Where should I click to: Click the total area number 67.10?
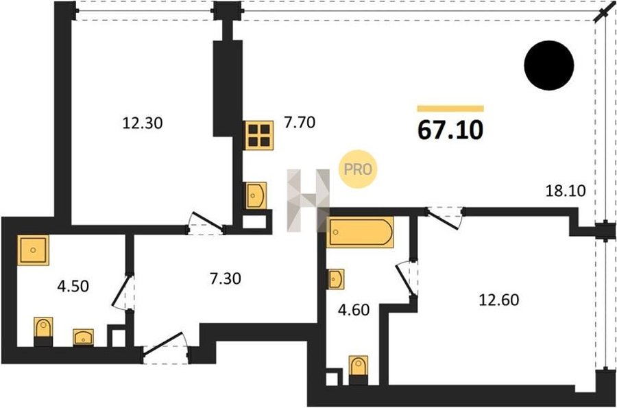(x=450, y=130)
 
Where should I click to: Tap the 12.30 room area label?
(x=143, y=123)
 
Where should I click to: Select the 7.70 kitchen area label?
(x=300, y=122)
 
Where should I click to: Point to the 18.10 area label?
(x=566, y=191)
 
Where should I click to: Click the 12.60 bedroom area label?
(x=499, y=300)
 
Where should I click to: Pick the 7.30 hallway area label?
(x=225, y=278)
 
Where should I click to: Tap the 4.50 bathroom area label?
(x=73, y=286)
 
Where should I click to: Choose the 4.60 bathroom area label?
(x=354, y=310)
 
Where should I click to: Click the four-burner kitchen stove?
(x=259, y=135)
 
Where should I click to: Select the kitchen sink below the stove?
(x=256, y=195)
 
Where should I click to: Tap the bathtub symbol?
(x=360, y=232)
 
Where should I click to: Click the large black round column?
(x=549, y=65)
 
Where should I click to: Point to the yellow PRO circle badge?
(x=358, y=169)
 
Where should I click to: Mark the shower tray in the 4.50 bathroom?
(x=33, y=250)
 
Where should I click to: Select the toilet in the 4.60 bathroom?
(x=359, y=370)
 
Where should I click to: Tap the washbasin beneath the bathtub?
(x=336, y=279)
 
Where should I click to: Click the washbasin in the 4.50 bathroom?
(x=83, y=337)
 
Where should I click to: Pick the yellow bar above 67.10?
(x=450, y=108)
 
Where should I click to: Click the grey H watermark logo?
(x=308, y=200)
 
